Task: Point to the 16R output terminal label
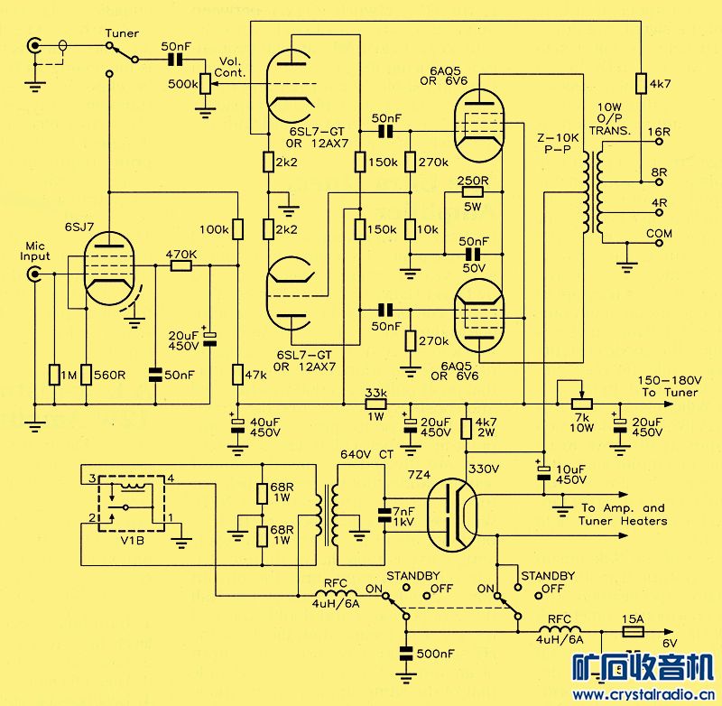659,132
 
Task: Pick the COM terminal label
660,234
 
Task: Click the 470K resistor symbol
181,265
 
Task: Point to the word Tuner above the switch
122,33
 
